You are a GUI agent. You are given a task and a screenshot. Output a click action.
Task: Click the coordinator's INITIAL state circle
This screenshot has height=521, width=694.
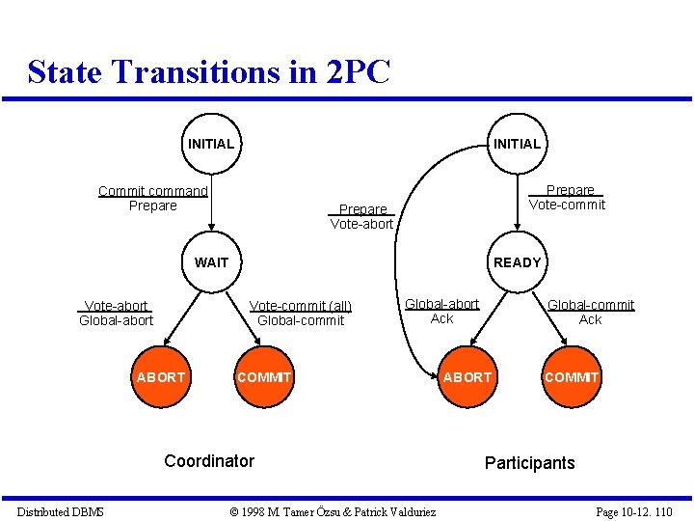211,144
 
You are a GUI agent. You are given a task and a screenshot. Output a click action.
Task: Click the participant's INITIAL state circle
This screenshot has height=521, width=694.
518,144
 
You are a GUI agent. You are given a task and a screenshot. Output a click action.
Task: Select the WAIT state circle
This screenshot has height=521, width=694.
211,261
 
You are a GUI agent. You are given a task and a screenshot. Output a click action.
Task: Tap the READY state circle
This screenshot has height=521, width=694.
518,261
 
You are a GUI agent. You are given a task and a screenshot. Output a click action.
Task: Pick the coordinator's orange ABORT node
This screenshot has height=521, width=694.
161,376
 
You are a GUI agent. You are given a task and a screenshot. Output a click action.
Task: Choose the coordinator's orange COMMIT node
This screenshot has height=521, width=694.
264,376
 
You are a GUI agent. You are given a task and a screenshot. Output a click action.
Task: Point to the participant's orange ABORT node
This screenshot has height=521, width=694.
467,376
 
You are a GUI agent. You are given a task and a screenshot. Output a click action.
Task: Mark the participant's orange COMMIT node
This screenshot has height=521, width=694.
572,376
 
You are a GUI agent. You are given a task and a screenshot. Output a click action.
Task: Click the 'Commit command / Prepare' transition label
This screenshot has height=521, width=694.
152,198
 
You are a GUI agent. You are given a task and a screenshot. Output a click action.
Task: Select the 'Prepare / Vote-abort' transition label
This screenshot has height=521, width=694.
362,216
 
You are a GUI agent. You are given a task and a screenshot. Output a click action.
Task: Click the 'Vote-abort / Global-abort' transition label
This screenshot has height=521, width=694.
117,313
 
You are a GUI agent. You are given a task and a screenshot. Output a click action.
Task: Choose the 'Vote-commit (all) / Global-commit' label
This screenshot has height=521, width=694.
301,313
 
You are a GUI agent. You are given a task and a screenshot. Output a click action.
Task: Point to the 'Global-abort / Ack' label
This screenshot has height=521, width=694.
441,311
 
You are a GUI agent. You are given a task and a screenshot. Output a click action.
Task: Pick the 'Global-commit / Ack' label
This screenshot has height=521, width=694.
591,312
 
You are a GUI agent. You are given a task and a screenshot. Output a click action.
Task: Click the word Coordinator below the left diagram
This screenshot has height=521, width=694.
209,460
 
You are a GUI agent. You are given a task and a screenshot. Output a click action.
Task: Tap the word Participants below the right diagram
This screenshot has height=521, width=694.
529,462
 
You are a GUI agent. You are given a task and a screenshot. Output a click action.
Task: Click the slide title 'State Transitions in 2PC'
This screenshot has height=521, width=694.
209,71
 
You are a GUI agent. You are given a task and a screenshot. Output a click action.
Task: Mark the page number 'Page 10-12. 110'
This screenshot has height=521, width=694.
634,511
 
